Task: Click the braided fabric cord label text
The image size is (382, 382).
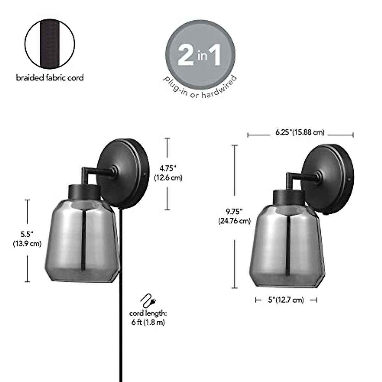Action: [x=50, y=78]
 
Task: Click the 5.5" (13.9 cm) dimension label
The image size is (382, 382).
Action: [x=27, y=239]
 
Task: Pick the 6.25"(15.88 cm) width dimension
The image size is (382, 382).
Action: [x=300, y=132]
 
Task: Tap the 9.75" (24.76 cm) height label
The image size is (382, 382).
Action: [x=234, y=216]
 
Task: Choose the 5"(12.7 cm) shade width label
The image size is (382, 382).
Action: [x=286, y=300]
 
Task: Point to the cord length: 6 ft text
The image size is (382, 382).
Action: [x=148, y=318]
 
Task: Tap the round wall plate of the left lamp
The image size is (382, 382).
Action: [x=123, y=172]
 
